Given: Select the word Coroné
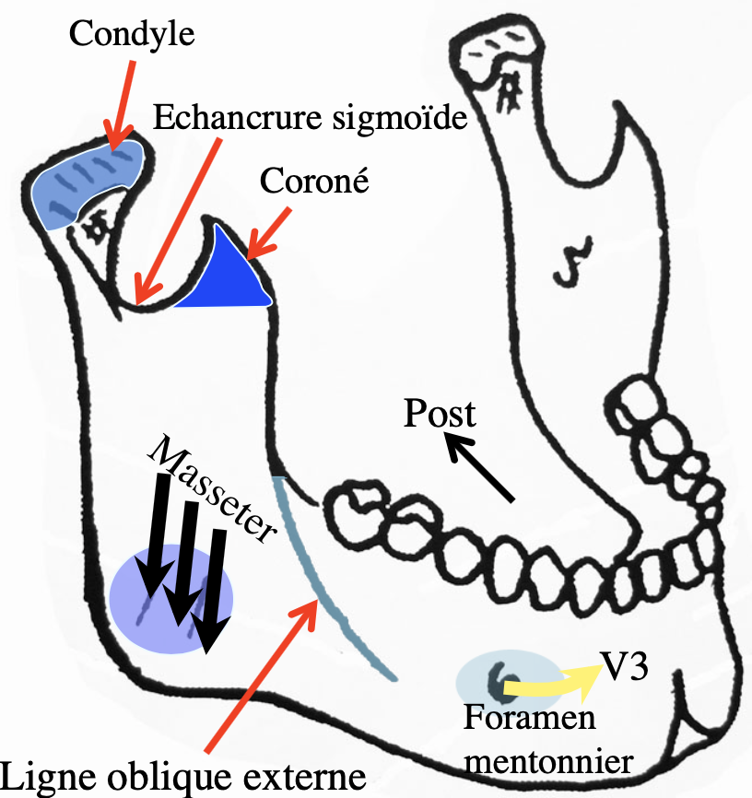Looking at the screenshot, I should point(313,180).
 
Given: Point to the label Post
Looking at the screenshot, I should point(440,414).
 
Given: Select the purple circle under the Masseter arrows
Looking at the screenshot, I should point(170,599).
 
